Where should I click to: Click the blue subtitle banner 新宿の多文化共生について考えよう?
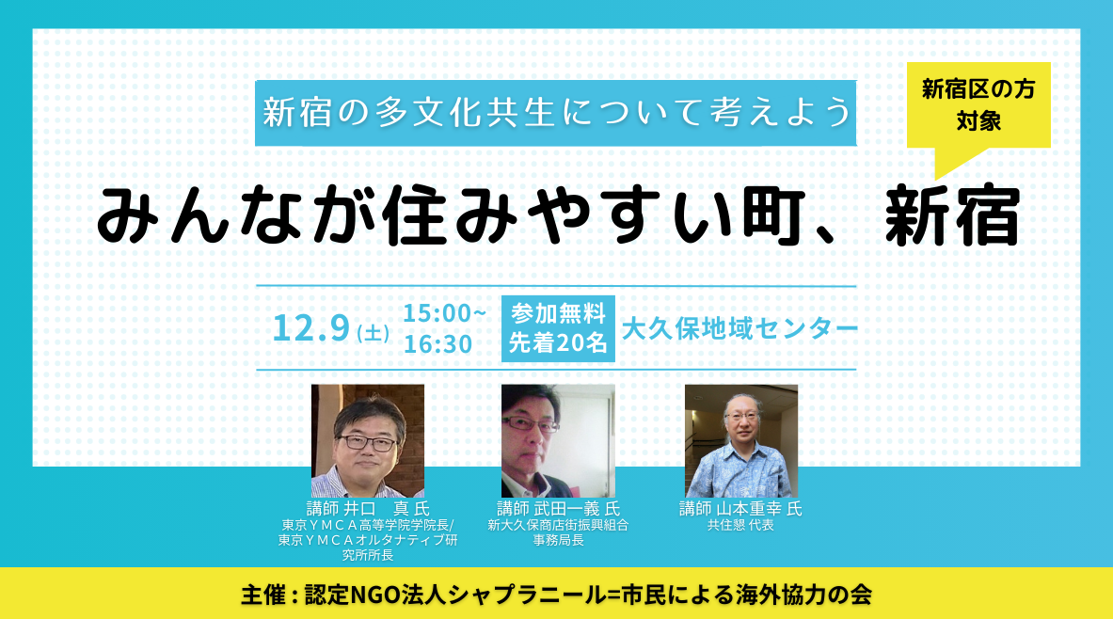pyautogui.click(x=555, y=113)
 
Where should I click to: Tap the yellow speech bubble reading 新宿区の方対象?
pyautogui.click(x=978, y=105)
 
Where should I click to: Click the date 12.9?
pyautogui.click(x=311, y=328)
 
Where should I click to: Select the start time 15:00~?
pyautogui.click(x=444, y=312)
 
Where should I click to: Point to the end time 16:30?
pyautogui.click(x=438, y=344)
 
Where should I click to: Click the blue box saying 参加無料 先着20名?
pyautogui.click(x=558, y=328)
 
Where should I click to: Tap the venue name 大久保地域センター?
pyautogui.click(x=739, y=328)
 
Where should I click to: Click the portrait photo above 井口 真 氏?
pyautogui.click(x=368, y=441)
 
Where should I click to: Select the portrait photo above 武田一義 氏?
pyautogui.click(x=558, y=441)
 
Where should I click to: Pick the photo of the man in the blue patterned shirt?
pyautogui.click(x=741, y=441)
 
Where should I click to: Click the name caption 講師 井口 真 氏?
pyautogui.click(x=368, y=508)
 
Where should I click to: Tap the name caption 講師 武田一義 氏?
pyautogui.click(x=558, y=508)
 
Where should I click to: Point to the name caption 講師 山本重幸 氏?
pyautogui.click(x=741, y=508)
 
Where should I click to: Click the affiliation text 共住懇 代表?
pyautogui.click(x=740, y=525)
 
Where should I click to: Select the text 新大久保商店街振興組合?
pyautogui.click(x=558, y=525)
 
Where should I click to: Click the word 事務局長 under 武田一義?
pyautogui.click(x=559, y=540)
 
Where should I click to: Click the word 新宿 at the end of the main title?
pyautogui.click(x=952, y=216)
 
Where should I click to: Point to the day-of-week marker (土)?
pyautogui.click(x=373, y=332)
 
